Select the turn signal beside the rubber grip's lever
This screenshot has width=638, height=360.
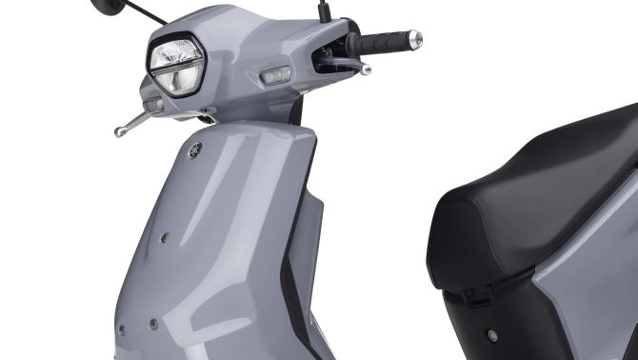pyautogui.click(x=276, y=73)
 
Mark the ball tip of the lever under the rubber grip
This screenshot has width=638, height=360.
pyautogui.click(x=365, y=70)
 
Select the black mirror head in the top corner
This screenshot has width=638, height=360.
pyautogui.click(x=107, y=6)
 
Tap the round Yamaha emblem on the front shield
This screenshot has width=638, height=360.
pyautogui.click(x=195, y=149)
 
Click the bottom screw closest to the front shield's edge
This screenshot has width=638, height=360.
pyautogui.click(x=121, y=330)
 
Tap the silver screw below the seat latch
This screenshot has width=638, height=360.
pyautogui.click(x=492, y=335)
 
